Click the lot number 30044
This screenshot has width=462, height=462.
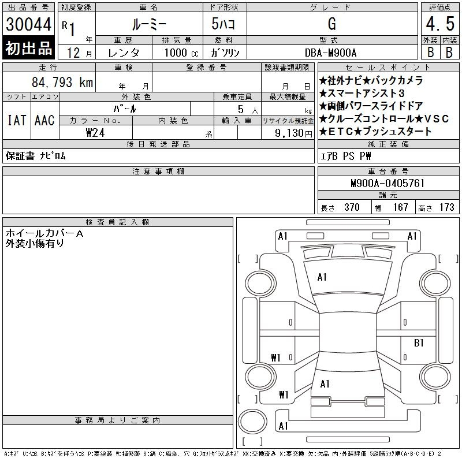[28, 24]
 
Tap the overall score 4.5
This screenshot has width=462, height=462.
[440, 24]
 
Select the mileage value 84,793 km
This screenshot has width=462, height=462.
[62, 82]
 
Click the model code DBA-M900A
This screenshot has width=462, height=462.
[330, 53]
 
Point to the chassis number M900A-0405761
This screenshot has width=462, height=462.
[388, 183]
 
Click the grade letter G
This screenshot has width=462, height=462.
[332, 24]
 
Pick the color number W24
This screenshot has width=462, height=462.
[95, 133]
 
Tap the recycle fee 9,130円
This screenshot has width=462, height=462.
[293, 133]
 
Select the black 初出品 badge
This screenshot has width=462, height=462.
[28, 47]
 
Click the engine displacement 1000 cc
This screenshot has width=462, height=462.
[181, 53]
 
